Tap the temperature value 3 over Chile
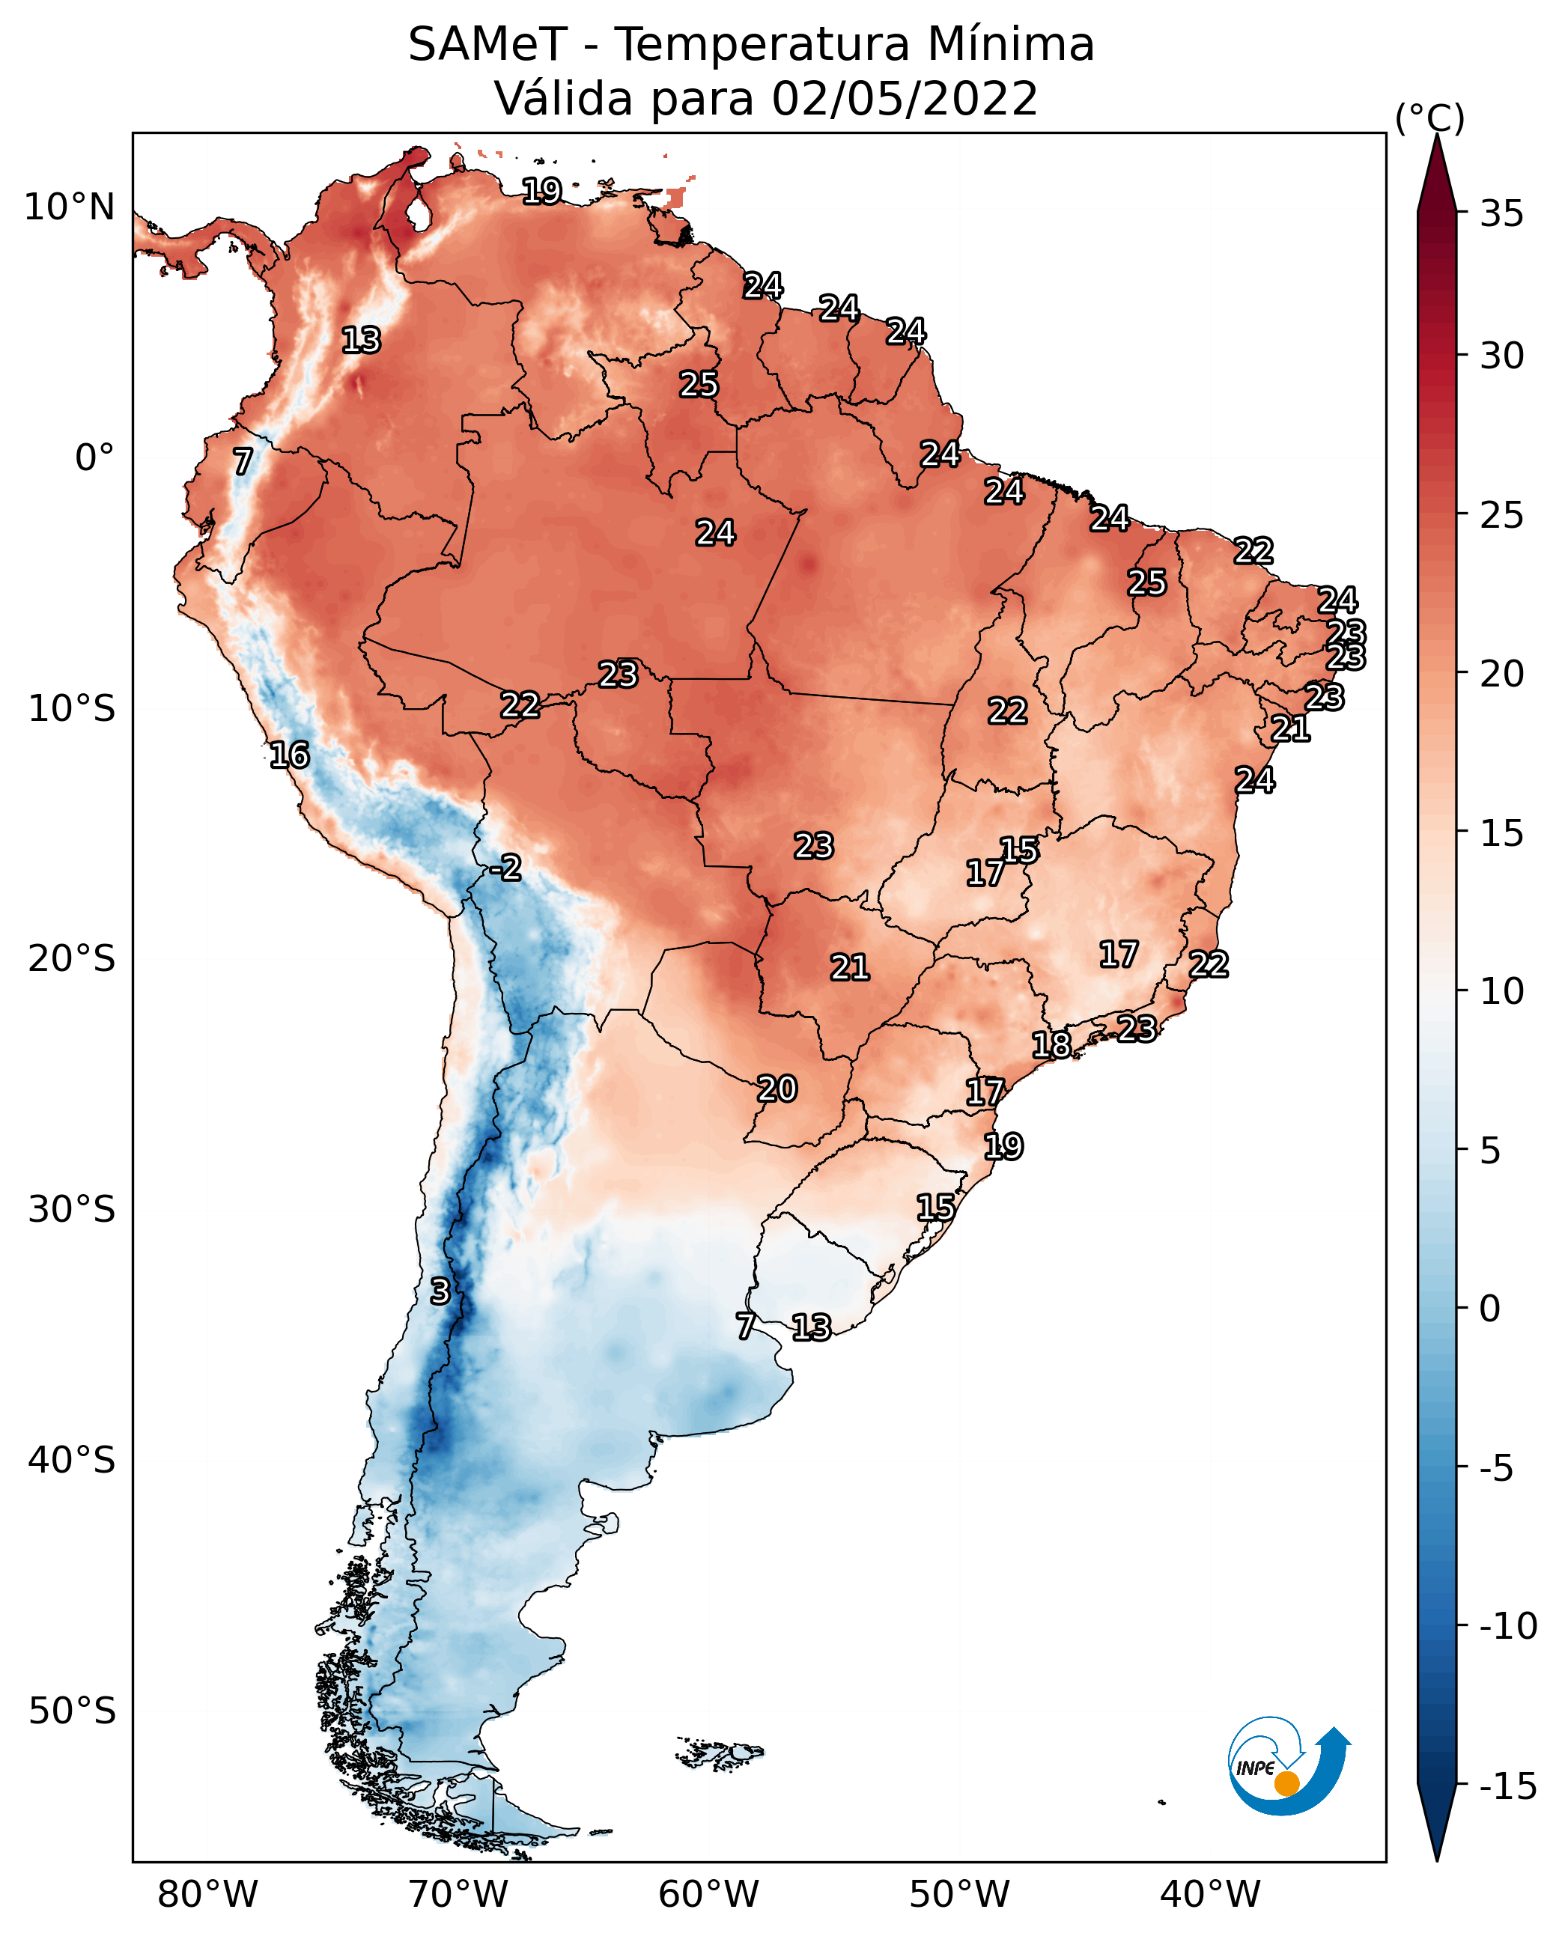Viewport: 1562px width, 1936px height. [x=439, y=1291]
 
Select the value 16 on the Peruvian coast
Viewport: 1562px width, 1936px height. [x=290, y=755]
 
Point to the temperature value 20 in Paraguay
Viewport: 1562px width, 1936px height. [x=777, y=1089]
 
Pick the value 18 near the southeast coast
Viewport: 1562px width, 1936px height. [x=1051, y=1044]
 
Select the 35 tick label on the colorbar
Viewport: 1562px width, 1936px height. [x=1501, y=214]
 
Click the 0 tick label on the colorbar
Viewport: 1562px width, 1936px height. [x=1491, y=1309]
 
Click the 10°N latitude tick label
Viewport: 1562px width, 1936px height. [x=70, y=208]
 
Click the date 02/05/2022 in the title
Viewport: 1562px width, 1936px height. [x=905, y=98]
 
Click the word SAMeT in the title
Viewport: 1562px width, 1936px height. [x=487, y=44]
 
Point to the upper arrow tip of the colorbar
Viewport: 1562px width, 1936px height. [x=1437, y=135]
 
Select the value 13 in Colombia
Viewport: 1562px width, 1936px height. [x=361, y=340]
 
